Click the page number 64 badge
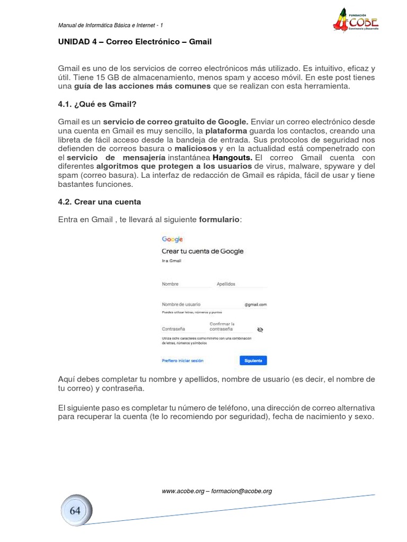click(x=75, y=510)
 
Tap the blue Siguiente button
click(x=253, y=360)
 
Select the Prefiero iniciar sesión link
click(x=182, y=360)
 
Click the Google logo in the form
click(x=172, y=239)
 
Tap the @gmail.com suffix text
click(x=255, y=305)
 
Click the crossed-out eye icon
click(x=260, y=329)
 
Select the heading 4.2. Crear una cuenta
click(x=100, y=202)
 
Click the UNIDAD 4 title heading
click(x=135, y=41)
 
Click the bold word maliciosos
click(x=196, y=149)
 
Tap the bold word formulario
click(x=219, y=219)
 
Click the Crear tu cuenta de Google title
click(x=202, y=251)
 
